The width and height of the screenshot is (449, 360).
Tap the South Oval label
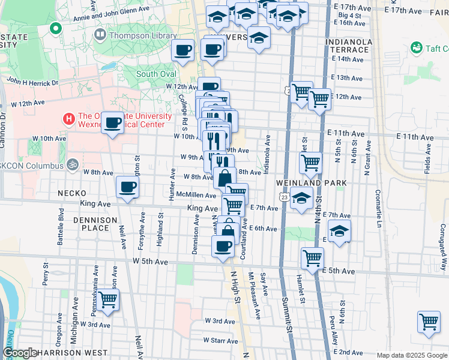coord(156,74)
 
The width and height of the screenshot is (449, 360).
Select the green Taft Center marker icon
coord(415,47)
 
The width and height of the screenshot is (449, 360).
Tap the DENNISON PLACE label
coord(95,224)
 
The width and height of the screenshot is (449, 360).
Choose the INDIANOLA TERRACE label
coord(349,47)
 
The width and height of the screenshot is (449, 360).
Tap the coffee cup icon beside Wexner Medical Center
coord(113,123)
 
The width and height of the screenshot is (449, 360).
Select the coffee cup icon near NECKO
coord(127,187)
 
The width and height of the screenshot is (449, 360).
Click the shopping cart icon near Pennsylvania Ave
coord(108,299)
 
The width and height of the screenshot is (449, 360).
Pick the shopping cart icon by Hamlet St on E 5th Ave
coord(312,259)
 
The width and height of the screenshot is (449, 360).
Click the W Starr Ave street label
coord(221,340)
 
